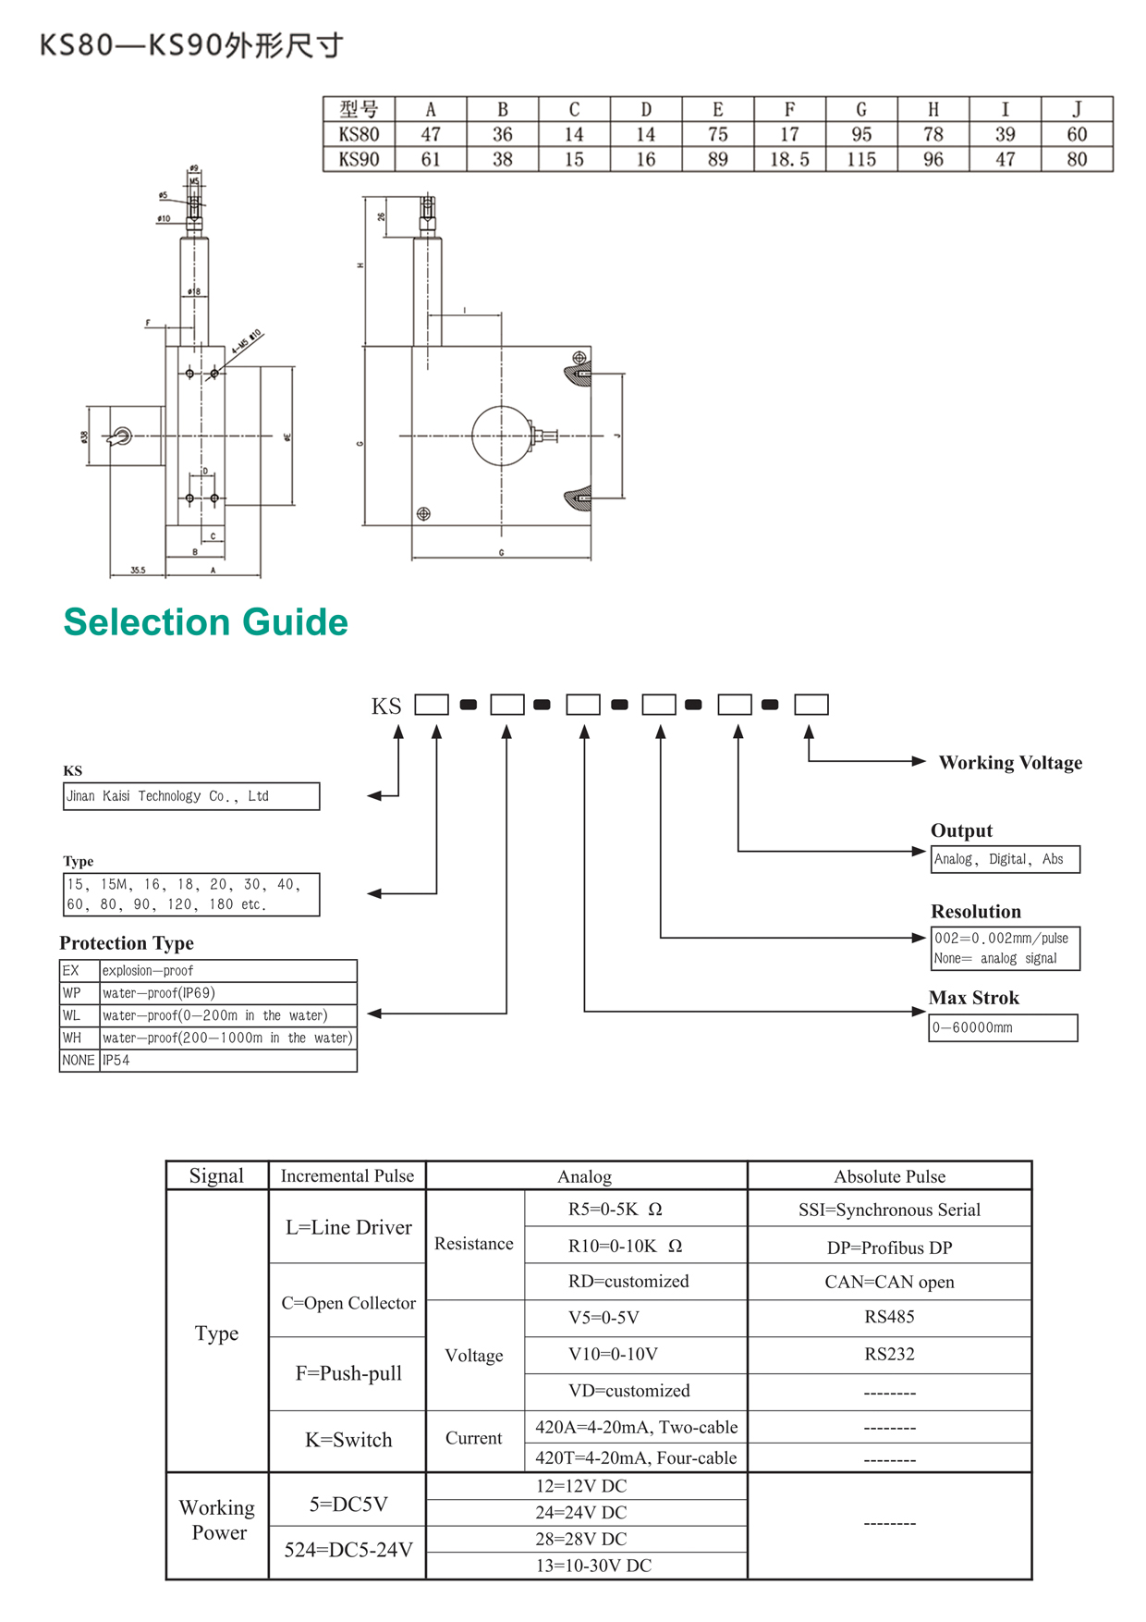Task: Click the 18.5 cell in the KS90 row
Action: click(x=789, y=159)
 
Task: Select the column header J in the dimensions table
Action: click(x=1077, y=109)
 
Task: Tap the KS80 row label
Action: click(x=359, y=134)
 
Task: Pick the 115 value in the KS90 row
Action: click(x=861, y=159)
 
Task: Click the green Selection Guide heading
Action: click(x=205, y=622)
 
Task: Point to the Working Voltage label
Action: click(x=1010, y=763)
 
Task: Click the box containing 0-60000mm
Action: click(x=1003, y=1027)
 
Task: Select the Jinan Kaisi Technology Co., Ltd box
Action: click(x=191, y=796)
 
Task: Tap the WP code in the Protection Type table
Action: click(x=72, y=993)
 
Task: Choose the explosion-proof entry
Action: click(x=148, y=971)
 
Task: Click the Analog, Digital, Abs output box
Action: click(x=1005, y=859)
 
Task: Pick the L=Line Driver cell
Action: click(x=348, y=1227)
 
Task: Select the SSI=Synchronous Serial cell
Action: click(x=889, y=1210)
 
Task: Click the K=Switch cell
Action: click(x=348, y=1440)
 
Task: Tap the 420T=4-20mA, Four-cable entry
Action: click(x=636, y=1457)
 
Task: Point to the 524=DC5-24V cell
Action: click(x=348, y=1550)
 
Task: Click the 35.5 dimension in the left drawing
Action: click(x=138, y=571)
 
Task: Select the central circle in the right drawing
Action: click(x=502, y=436)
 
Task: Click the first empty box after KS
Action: click(x=432, y=705)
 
